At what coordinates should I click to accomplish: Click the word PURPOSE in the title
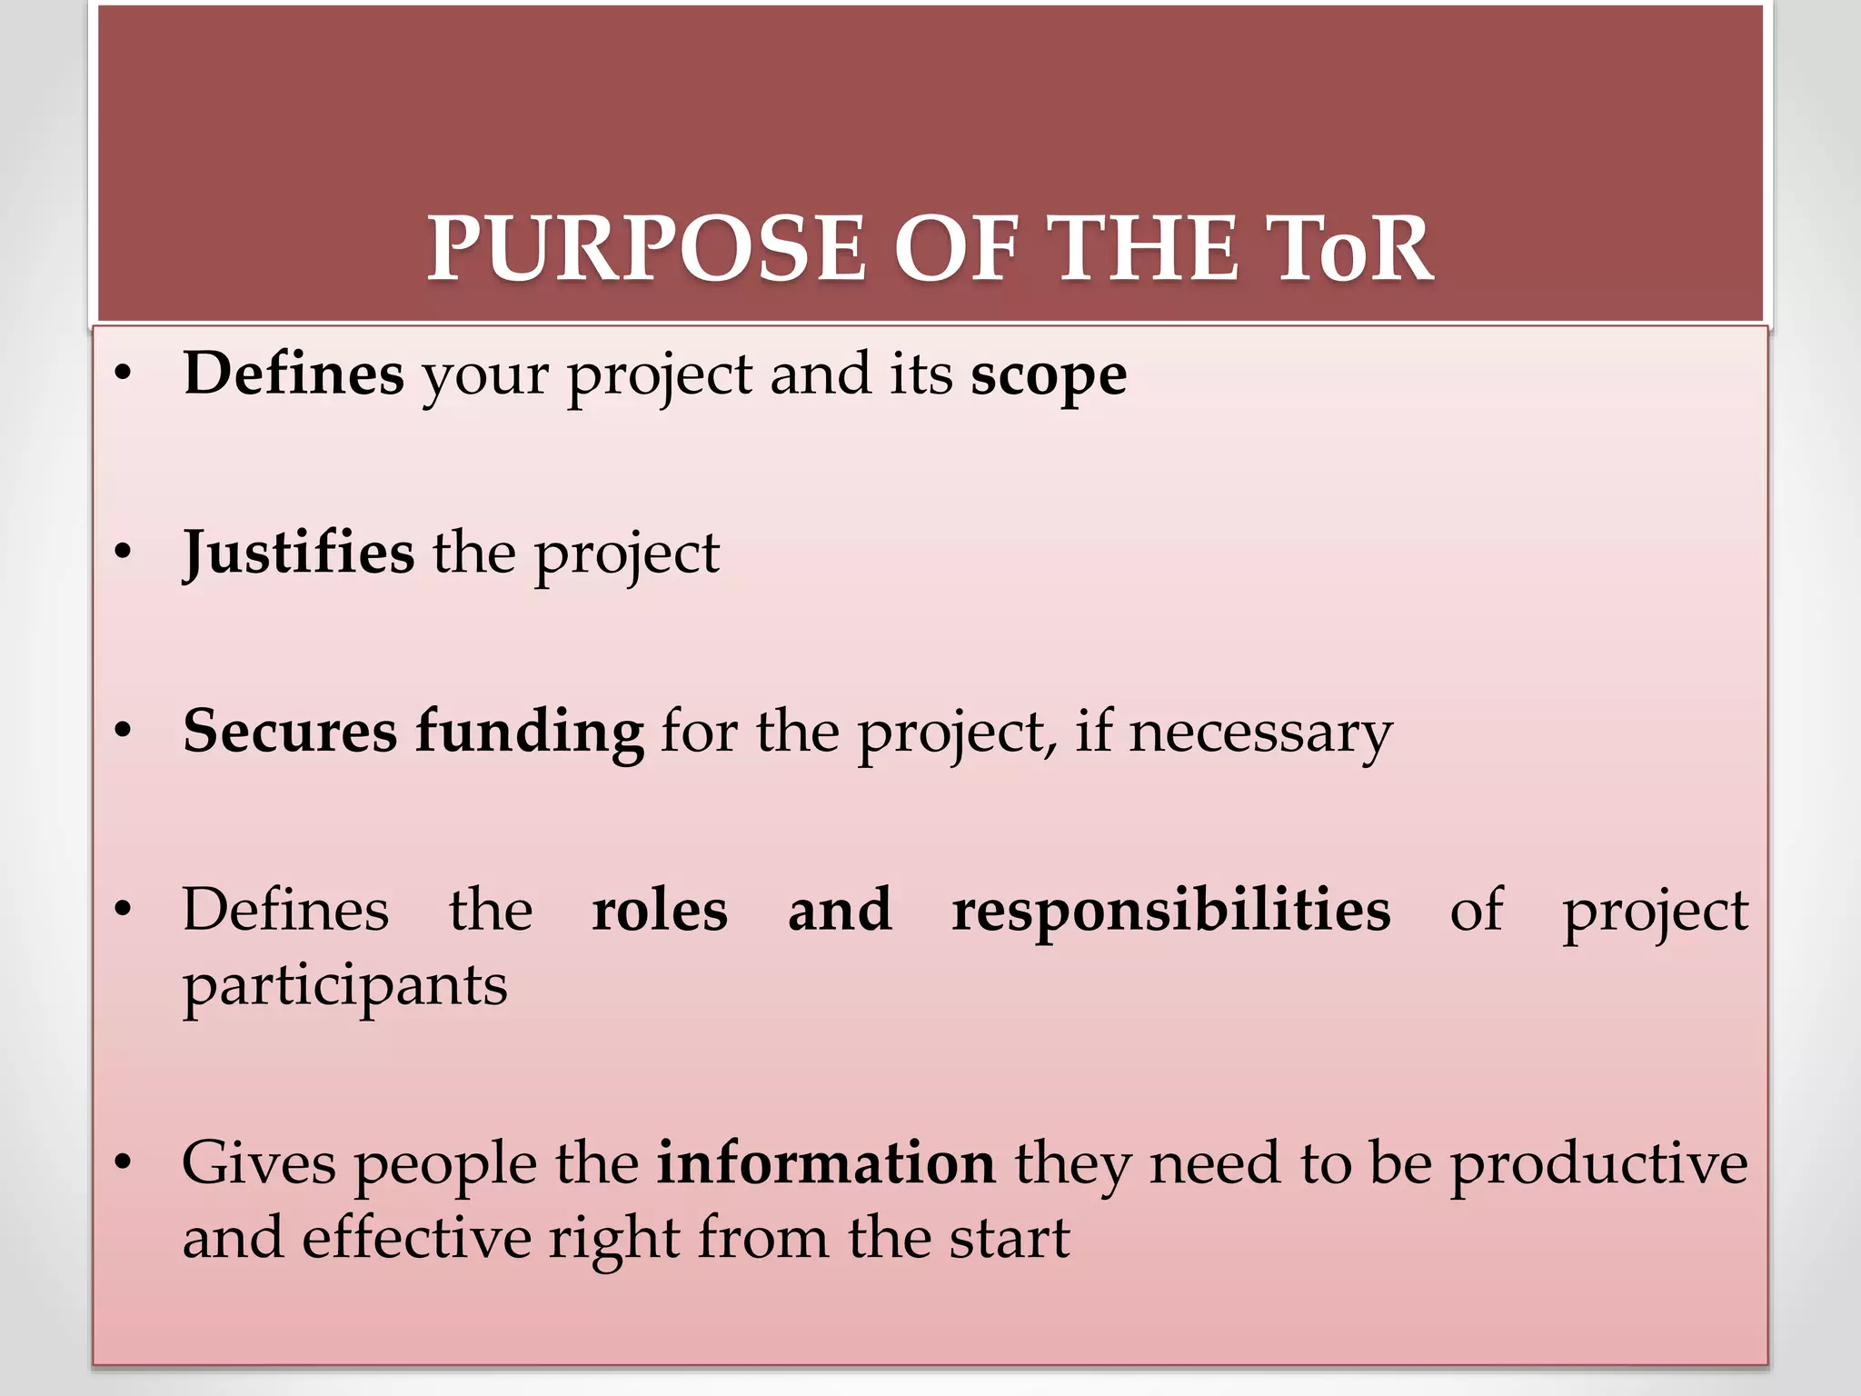tap(646, 249)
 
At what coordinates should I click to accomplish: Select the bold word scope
tap(1049, 375)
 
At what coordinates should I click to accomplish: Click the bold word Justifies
tap(299, 553)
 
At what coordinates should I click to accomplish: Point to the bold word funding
tap(530, 732)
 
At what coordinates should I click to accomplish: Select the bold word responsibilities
tap(1170, 910)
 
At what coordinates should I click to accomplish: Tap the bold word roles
tap(660, 910)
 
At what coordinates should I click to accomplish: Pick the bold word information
tap(826, 1162)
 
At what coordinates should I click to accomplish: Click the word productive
tap(1597, 1164)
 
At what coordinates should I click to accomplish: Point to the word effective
tap(416, 1237)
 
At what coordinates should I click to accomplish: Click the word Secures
tap(290, 732)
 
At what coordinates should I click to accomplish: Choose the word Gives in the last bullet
tap(259, 1162)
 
